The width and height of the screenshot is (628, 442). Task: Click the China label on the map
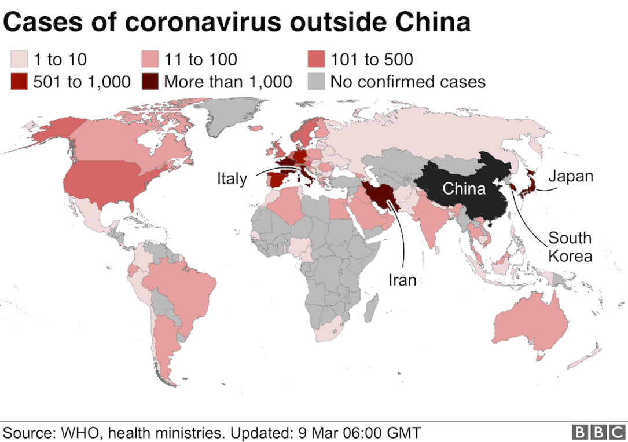464,188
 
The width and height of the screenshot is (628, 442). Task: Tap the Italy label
232,178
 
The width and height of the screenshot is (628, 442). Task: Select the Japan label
571,176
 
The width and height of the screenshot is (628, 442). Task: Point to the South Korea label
570,246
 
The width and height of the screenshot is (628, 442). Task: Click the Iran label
402,280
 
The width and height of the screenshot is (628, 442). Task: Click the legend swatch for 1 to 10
19,60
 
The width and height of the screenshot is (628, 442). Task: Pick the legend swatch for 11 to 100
149,60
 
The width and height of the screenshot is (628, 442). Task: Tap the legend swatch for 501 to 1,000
19,82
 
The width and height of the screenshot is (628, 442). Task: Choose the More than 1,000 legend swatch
149,82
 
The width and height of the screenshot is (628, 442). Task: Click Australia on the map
532,324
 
